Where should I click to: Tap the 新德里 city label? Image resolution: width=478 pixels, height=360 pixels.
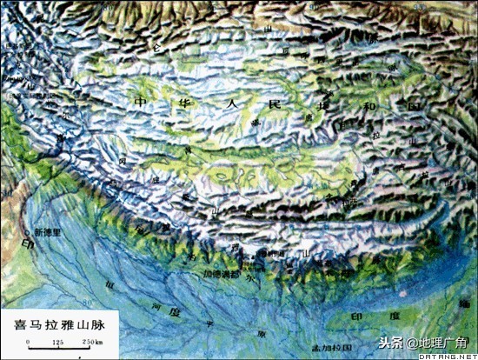click(x=49, y=232)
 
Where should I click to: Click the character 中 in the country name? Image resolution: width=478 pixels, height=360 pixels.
click(x=140, y=102)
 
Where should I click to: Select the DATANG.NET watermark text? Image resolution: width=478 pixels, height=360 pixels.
click(x=444, y=356)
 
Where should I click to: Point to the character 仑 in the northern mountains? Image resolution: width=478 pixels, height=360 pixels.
click(x=158, y=45)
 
